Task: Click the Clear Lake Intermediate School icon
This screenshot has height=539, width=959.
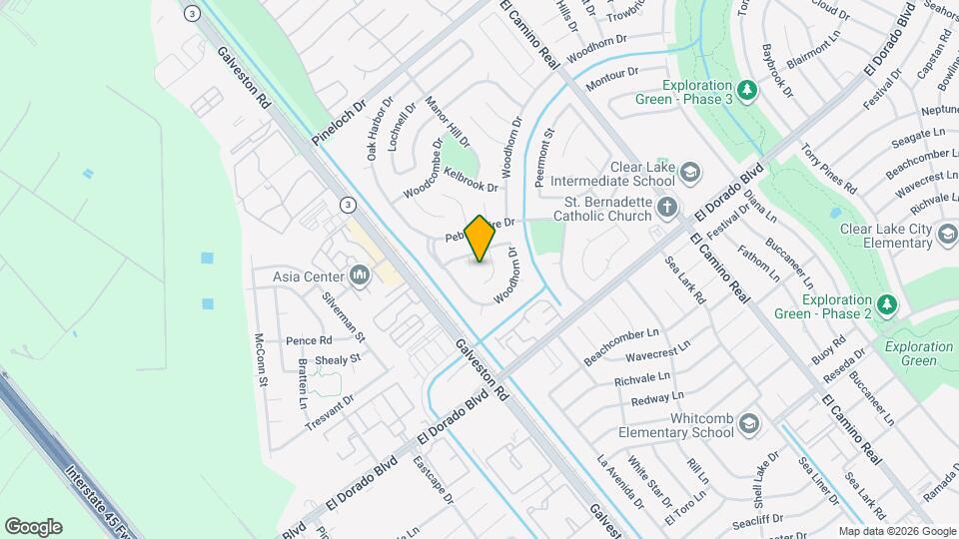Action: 688,175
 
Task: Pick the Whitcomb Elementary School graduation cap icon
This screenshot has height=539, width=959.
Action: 746,426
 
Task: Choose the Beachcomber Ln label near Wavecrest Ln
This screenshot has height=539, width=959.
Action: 621,345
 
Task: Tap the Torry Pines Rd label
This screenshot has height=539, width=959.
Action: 829,168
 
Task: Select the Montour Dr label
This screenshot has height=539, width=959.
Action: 611,79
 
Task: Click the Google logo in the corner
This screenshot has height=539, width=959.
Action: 33,526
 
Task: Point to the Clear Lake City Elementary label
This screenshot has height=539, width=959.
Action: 887,236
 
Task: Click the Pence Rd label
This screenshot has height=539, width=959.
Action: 309,340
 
